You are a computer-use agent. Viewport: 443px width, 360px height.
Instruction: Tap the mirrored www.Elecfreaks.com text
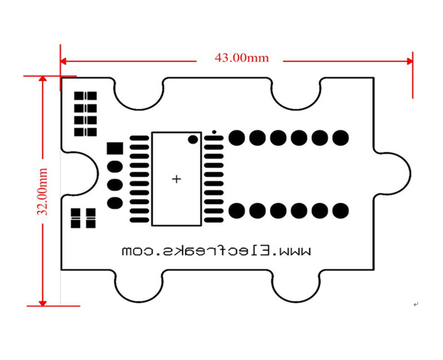(x=216, y=251)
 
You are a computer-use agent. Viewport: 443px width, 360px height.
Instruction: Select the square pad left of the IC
(x=114, y=149)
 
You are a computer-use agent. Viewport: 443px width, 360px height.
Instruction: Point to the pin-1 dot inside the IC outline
(x=193, y=139)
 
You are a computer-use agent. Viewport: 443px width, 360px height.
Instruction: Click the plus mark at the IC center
(x=177, y=179)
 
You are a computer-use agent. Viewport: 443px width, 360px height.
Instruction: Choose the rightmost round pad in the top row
(x=340, y=137)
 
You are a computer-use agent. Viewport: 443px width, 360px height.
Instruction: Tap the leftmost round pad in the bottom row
(x=236, y=210)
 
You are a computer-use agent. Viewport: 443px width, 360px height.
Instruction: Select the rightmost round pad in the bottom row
(x=340, y=210)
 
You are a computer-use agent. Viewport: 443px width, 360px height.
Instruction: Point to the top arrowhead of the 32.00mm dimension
(x=42, y=79)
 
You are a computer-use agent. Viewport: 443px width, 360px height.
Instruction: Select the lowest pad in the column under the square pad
(x=114, y=202)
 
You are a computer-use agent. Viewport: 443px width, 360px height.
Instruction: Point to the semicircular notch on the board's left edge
(x=78, y=173)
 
